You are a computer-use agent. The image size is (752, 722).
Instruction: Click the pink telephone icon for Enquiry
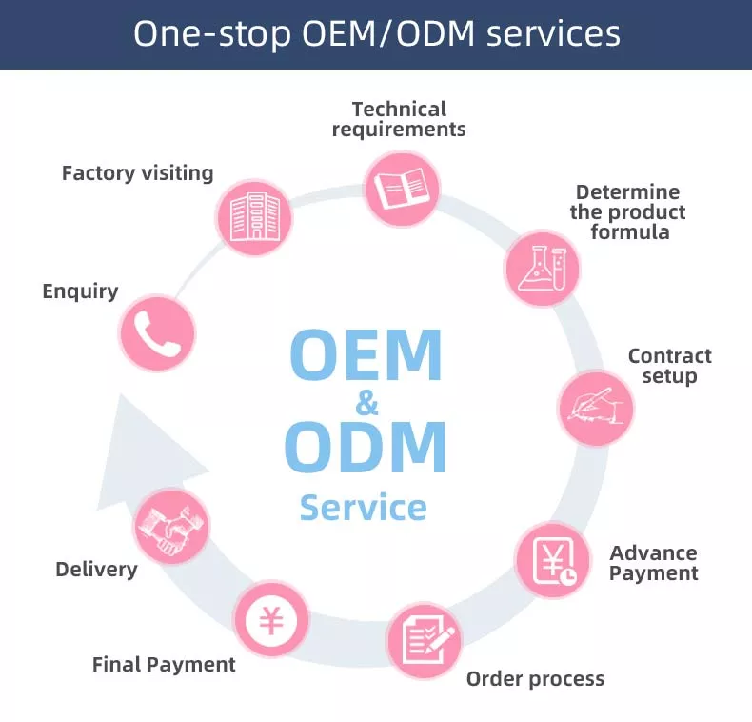tap(157, 332)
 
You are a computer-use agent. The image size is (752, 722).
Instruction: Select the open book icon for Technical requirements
tap(403, 187)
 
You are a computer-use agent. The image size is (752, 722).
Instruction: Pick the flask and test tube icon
tap(542, 266)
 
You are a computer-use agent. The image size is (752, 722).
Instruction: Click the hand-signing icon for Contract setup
tap(595, 409)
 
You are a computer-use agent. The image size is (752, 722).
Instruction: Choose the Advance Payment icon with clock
tap(553, 561)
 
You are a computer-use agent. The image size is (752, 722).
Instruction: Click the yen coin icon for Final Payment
tap(271, 620)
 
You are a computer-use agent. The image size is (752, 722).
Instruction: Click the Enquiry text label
tap(80, 291)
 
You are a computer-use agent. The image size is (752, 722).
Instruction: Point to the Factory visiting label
tap(137, 173)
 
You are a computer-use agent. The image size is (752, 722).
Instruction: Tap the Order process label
tap(535, 679)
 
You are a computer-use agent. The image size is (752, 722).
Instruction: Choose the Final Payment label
tap(164, 665)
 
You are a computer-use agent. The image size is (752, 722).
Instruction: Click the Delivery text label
tap(96, 570)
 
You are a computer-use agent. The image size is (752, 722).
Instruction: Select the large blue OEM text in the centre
tap(366, 355)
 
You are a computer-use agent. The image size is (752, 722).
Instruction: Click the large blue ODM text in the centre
tap(366, 447)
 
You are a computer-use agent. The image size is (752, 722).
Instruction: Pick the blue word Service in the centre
tap(363, 507)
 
